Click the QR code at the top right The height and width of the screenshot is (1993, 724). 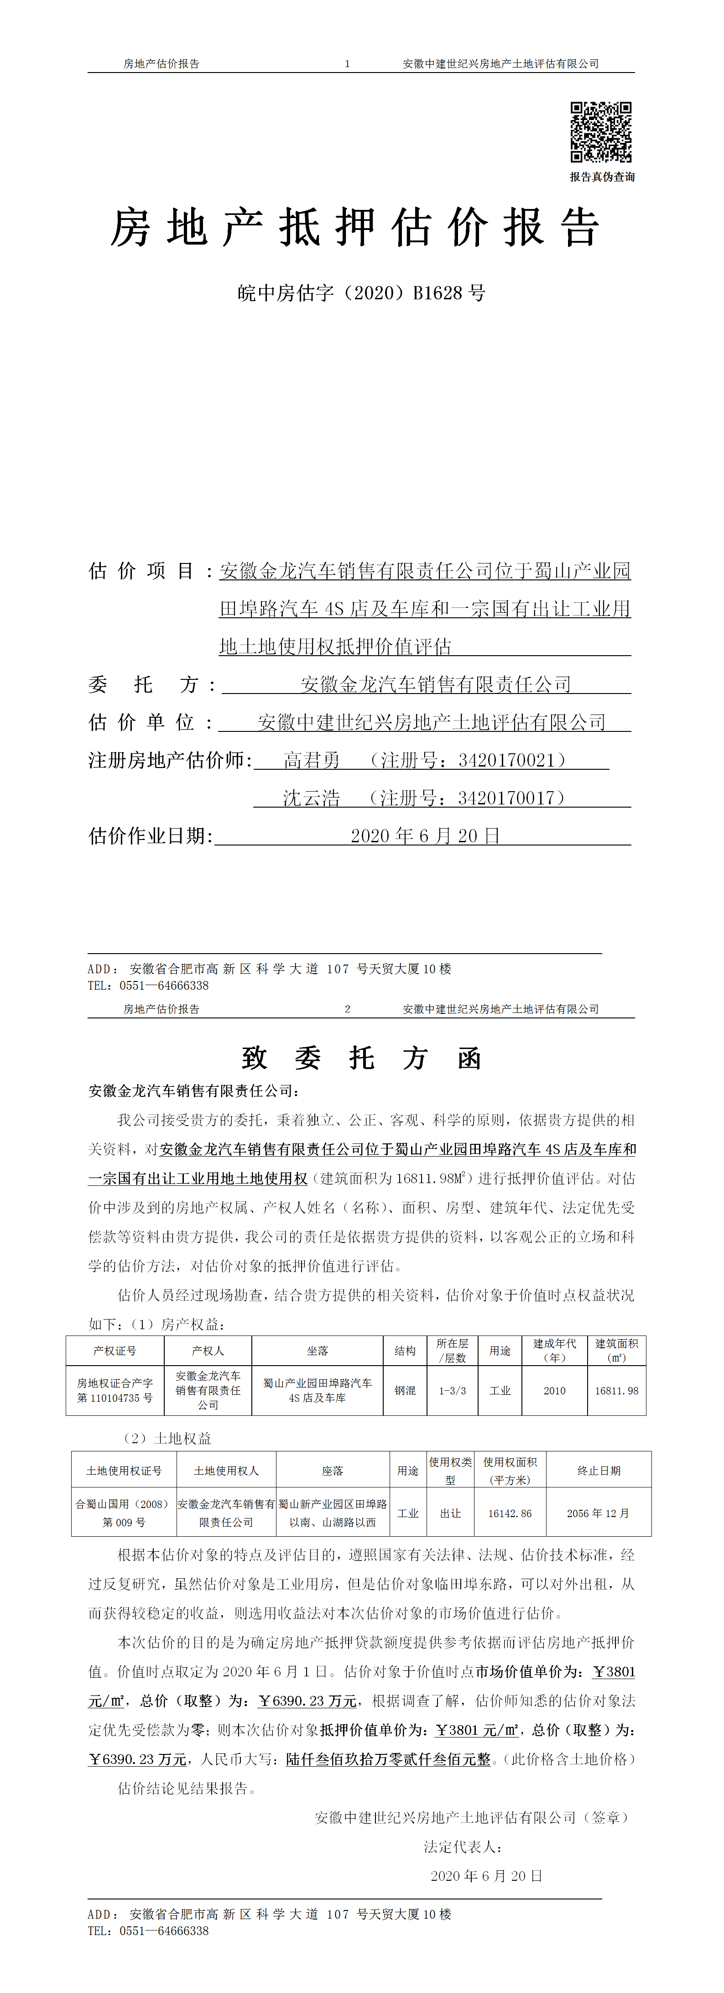[601, 131]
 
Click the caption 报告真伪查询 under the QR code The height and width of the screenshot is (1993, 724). [602, 177]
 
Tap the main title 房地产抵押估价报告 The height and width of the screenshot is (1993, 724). [355, 228]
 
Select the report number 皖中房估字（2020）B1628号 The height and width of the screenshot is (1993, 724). [361, 293]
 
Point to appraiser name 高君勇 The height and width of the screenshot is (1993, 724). [312, 761]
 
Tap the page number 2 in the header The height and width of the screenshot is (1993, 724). [347, 1009]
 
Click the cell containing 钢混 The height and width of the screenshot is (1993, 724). [405, 1390]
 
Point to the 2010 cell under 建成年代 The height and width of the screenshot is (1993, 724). [555, 1390]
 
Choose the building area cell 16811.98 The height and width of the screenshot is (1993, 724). [616, 1390]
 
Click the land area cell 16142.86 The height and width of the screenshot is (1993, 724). [510, 1513]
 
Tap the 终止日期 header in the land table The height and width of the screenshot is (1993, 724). [599, 1471]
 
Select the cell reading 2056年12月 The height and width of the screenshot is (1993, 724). [599, 1513]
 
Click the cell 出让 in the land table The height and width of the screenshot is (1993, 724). [450, 1513]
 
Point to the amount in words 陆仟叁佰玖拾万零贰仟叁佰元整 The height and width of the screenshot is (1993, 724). [388, 1759]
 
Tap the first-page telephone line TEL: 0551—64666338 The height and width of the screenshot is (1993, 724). [148, 986]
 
